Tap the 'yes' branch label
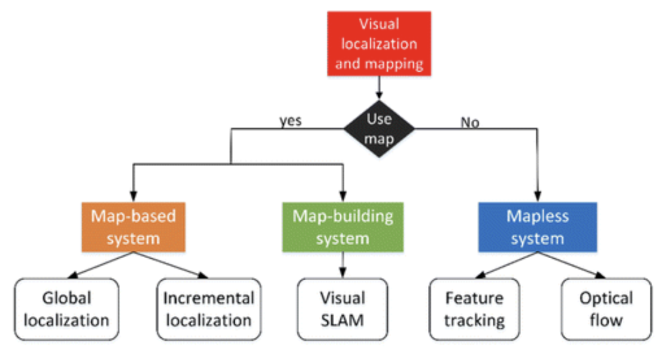(x=290, y=120)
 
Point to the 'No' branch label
(x=470, y=123)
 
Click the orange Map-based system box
(x=133, y=227)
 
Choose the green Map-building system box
(x=343, y=227)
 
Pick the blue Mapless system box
(x=537, y=227)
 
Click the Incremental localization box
(x=208, y=309)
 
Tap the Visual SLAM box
(x=343, y=309)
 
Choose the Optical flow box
(x=606, y=309)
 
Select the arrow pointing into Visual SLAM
(x=343, y=266)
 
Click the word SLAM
(x=342, y=320)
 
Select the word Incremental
(x=208, y=299)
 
